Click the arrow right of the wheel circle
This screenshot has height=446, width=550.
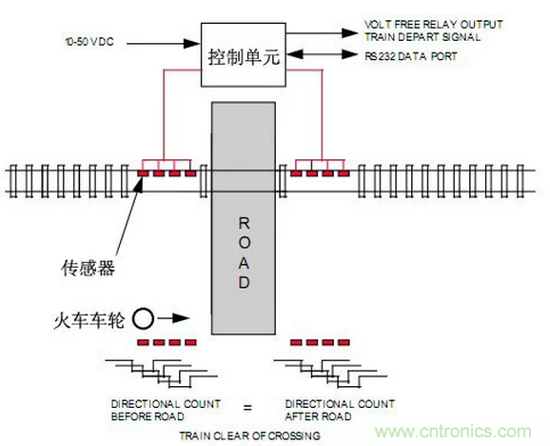[x=172, y=317]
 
